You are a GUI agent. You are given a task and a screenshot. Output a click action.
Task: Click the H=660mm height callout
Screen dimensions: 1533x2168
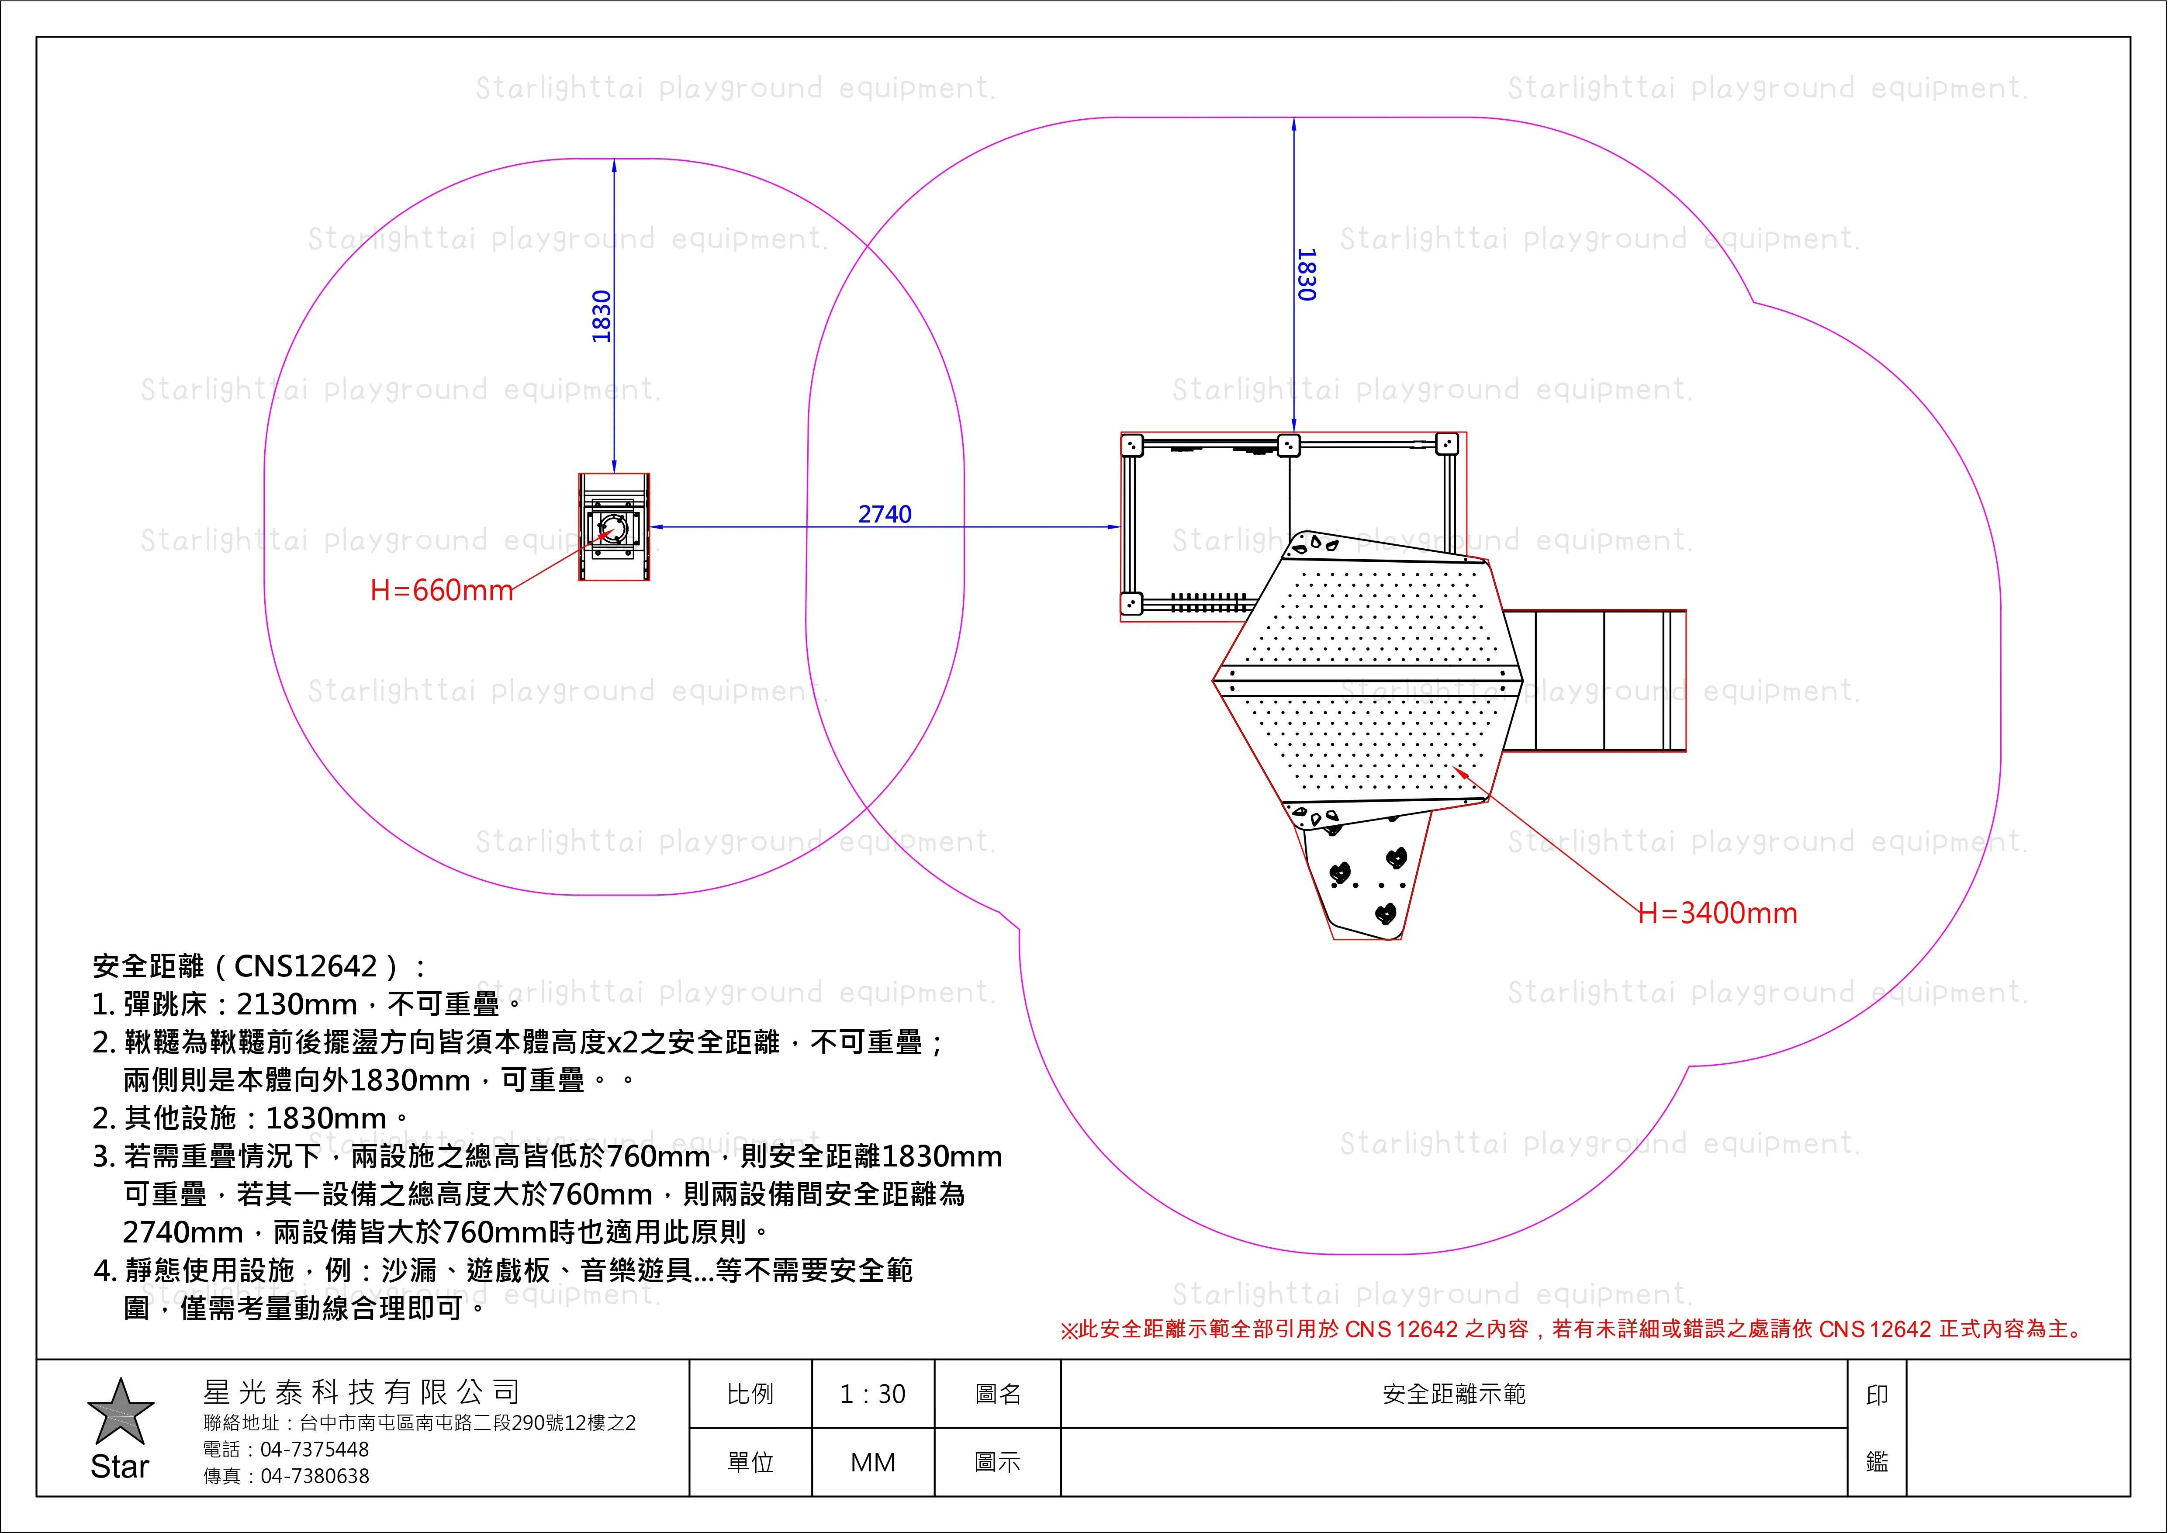pos(441,590)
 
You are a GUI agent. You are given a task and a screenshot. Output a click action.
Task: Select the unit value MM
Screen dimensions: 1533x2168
pos(872,1462)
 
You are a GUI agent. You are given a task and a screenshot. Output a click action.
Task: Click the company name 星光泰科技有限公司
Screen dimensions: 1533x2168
pos(362,1391)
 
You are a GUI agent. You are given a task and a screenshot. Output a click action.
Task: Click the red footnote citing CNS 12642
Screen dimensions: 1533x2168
pos(1572,1329)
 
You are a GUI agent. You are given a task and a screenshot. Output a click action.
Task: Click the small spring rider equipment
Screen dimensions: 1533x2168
pos(614,527)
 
